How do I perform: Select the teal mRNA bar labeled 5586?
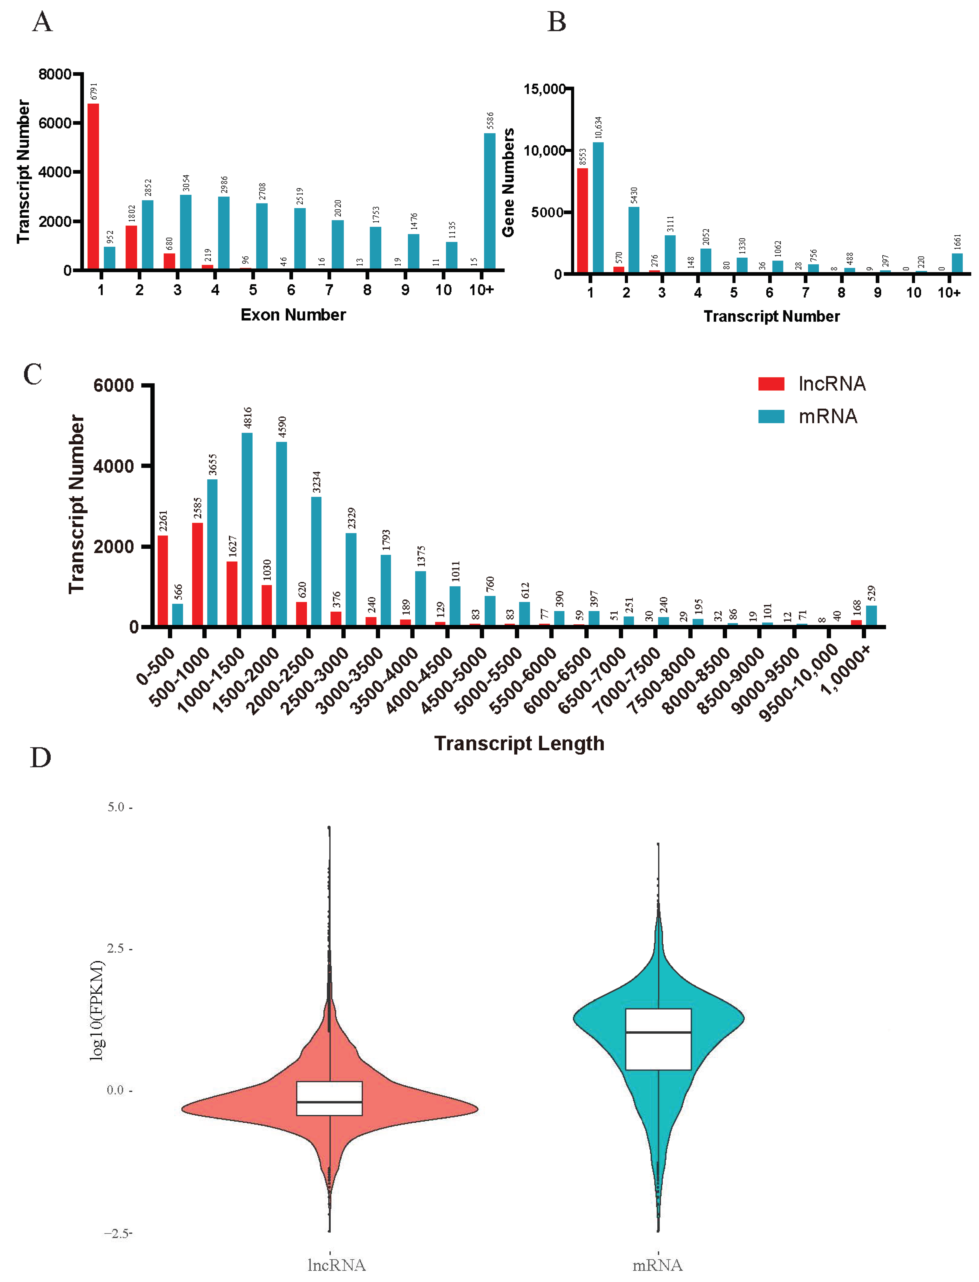pyautogui.click(x=489, y=201)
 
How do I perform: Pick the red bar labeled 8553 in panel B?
pyautogui.click(x=582, y=220)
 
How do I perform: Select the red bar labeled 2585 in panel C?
pyautogui.click(x=198, y=574)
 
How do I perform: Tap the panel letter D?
pyautogui.click(x=40, y=758)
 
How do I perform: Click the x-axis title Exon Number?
pyautogui.click(x=293, y=315)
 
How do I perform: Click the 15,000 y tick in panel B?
pyautogui.click(x=544, y=89)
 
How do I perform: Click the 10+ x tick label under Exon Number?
pyautogui.click(x=481, y=290)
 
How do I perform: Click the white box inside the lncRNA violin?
pyautogui.click(x=329, y=1098)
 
